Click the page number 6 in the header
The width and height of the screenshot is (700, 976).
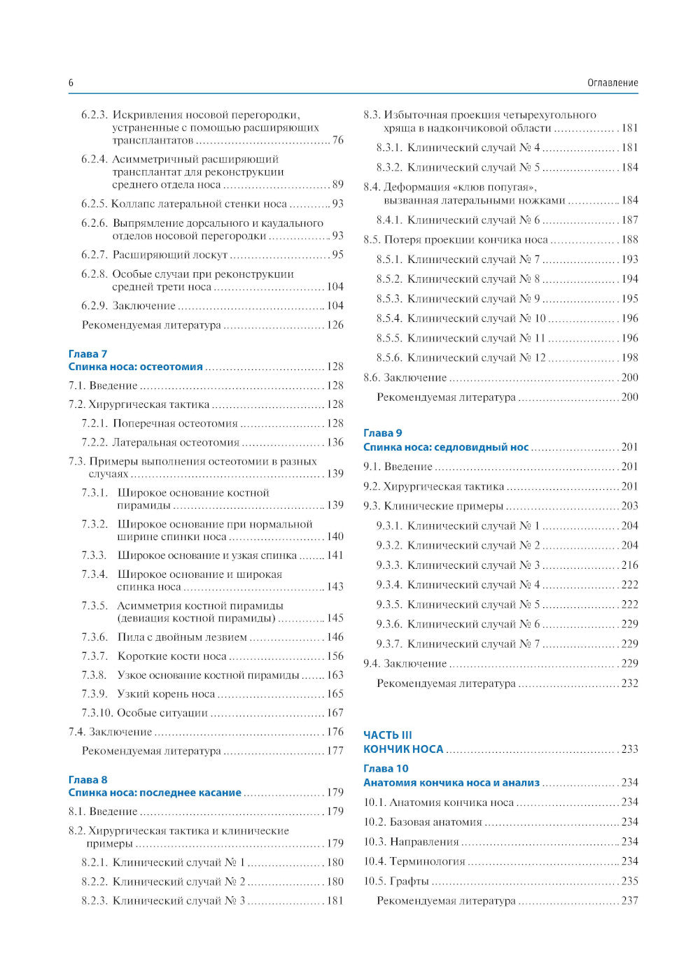(x=71, y=83)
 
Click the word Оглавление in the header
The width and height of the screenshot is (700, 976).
(x=612, y=83)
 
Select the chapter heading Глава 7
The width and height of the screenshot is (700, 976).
(x=87, y=354)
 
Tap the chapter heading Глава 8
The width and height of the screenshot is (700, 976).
(x=87, y=779)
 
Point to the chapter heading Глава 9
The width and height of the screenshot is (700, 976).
(x=382, y=433)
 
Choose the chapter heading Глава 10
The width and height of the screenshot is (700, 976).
(x=386, y=768)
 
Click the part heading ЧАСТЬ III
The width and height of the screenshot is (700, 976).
(x=387, y=735)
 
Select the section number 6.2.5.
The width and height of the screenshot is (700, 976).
(x=94, y=204)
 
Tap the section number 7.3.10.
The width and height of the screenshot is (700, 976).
(x=97, y=713)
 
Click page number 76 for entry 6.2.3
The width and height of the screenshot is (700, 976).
(x=337, y=140)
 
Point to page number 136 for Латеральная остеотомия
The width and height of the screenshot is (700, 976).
(x=335, y=442)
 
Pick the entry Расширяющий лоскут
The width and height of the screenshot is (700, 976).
(x=170, y=255)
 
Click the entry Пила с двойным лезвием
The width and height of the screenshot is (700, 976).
(x=182, y=637)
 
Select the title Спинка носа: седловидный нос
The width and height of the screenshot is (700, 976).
(x=446, y=447)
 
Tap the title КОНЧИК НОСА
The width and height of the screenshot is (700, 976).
(x=403, y=749)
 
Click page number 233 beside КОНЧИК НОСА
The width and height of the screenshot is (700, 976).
(x=629, y=749)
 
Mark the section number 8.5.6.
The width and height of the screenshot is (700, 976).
(x=388, y=358)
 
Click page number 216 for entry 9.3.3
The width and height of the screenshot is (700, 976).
(x=629, y=565)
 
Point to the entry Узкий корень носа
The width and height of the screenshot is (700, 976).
(x=166, y=694)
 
